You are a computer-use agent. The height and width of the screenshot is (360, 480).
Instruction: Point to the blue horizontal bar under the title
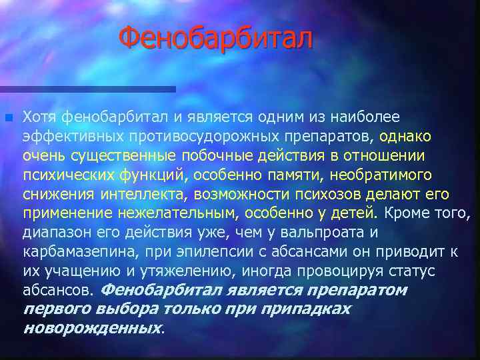[87, 89]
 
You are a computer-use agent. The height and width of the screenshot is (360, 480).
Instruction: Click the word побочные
[207, 156]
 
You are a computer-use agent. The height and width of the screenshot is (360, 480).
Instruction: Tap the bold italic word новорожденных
[91, 329]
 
